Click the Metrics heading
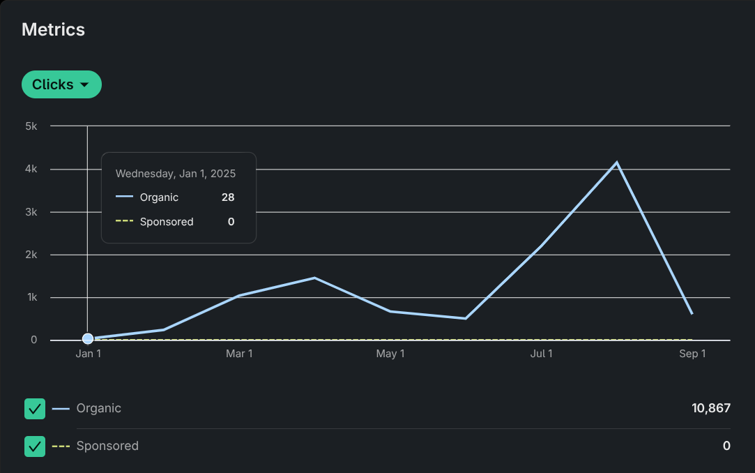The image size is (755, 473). [53, 29]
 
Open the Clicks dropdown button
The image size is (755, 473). [61, 84]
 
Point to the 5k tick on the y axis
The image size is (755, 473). [31, 126]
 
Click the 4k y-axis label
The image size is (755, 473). [31, 169]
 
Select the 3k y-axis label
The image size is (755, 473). [31, 212]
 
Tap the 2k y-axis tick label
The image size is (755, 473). [31, 255]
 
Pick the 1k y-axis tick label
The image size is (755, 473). [31, 298]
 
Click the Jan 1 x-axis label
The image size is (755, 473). [88, 354]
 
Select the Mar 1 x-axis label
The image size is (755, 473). [239, 354]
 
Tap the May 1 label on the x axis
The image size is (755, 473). [390, 354]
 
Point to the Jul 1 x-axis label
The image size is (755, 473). [541, 354]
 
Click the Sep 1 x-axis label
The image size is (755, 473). [692, 354]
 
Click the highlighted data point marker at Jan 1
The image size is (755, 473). [88, 339]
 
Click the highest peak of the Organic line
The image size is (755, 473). [616, 163]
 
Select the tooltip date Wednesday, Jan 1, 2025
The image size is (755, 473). [176, 174]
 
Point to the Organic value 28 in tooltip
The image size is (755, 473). [228, 197]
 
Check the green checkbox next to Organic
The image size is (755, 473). [35, 409]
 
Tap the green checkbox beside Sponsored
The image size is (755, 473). [35, 446]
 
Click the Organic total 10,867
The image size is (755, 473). [710, 408]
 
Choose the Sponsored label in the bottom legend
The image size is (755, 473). [107, 446]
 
